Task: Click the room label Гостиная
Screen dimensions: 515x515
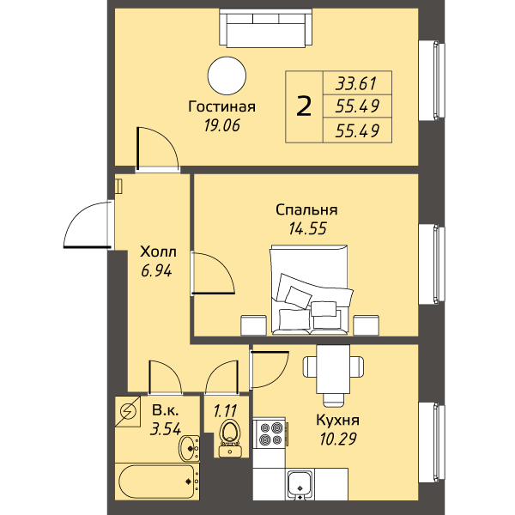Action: coord(221,106)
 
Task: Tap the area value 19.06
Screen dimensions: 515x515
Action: coord(222,125)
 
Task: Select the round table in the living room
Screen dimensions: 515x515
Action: coord(227,76)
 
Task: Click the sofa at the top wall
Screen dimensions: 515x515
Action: coord(266,27)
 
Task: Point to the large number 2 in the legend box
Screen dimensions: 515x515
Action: coord(304,106)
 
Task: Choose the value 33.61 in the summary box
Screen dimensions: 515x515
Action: coord(356,83)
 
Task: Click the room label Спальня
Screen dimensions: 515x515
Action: coord(306,210)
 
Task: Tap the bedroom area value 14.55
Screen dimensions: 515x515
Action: coord(308,228)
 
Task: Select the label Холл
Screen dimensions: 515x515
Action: coord(158,251)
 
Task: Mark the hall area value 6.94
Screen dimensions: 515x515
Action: coord(156,271)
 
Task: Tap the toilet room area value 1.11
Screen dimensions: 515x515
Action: coord(225,411)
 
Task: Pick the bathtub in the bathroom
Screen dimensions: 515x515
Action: coord(158,482)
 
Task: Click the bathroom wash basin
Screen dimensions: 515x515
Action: coord(189,448)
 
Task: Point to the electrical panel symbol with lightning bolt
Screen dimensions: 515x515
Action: coord(128,411)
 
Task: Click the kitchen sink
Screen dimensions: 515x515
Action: coord(300,484)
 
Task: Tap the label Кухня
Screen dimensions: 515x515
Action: coord(337,420)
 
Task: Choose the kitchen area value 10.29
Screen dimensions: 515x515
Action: coord(338,439)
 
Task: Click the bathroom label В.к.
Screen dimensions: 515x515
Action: coord(166,410)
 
